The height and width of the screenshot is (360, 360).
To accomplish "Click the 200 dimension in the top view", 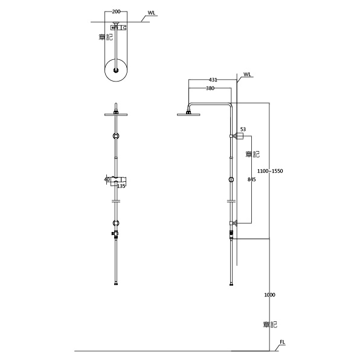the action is coord(116,11).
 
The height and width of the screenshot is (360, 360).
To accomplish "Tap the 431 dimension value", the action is coord(213,80).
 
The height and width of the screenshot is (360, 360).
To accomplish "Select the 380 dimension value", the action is coord(210,88).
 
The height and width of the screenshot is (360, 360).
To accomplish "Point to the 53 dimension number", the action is coord(243,129).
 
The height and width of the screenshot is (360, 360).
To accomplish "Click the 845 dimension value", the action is coord(252,179).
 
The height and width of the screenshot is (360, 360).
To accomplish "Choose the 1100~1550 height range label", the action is coord(270,171).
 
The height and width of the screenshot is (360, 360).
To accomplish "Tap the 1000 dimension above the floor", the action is coord(269,295).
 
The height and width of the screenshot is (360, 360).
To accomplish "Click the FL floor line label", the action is coord(282,342).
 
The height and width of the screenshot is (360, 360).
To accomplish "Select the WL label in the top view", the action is coord(151,13).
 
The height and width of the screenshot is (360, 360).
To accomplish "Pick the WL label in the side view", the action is coord(247,74).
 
